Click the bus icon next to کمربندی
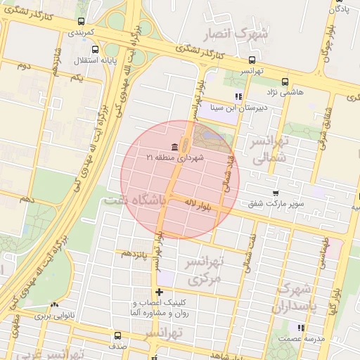(80, 22)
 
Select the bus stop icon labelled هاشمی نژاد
(284, 81)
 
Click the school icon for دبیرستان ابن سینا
(238, 96)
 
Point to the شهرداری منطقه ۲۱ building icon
(174, 146)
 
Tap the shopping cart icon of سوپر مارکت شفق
(276, 193)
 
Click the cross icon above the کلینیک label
(160, 292)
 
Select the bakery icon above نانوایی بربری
(54, 304)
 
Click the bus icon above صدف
(117, 335)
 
